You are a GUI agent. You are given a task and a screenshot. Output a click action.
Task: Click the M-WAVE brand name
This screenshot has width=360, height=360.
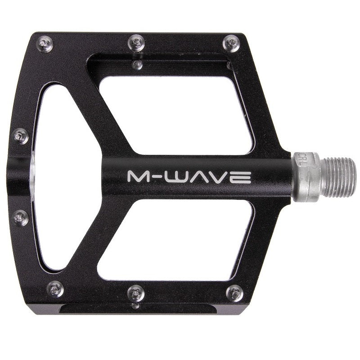pos(189,176)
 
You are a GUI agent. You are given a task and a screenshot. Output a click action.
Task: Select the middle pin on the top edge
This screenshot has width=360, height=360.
pos(136,43)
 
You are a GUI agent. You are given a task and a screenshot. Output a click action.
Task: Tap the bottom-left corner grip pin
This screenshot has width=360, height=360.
pos(55,289)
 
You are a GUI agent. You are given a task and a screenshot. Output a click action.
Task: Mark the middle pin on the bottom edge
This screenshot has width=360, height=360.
pos(136,292)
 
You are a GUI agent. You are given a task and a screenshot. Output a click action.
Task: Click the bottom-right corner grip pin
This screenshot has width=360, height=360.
pos(234,293)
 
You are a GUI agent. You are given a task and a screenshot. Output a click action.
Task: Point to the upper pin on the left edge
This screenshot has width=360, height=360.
pos(20,135)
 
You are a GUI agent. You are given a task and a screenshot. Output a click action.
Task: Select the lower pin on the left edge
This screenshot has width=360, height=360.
pos(20,218)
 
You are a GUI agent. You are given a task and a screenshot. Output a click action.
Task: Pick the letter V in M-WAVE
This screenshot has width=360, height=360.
pos(223,176)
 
